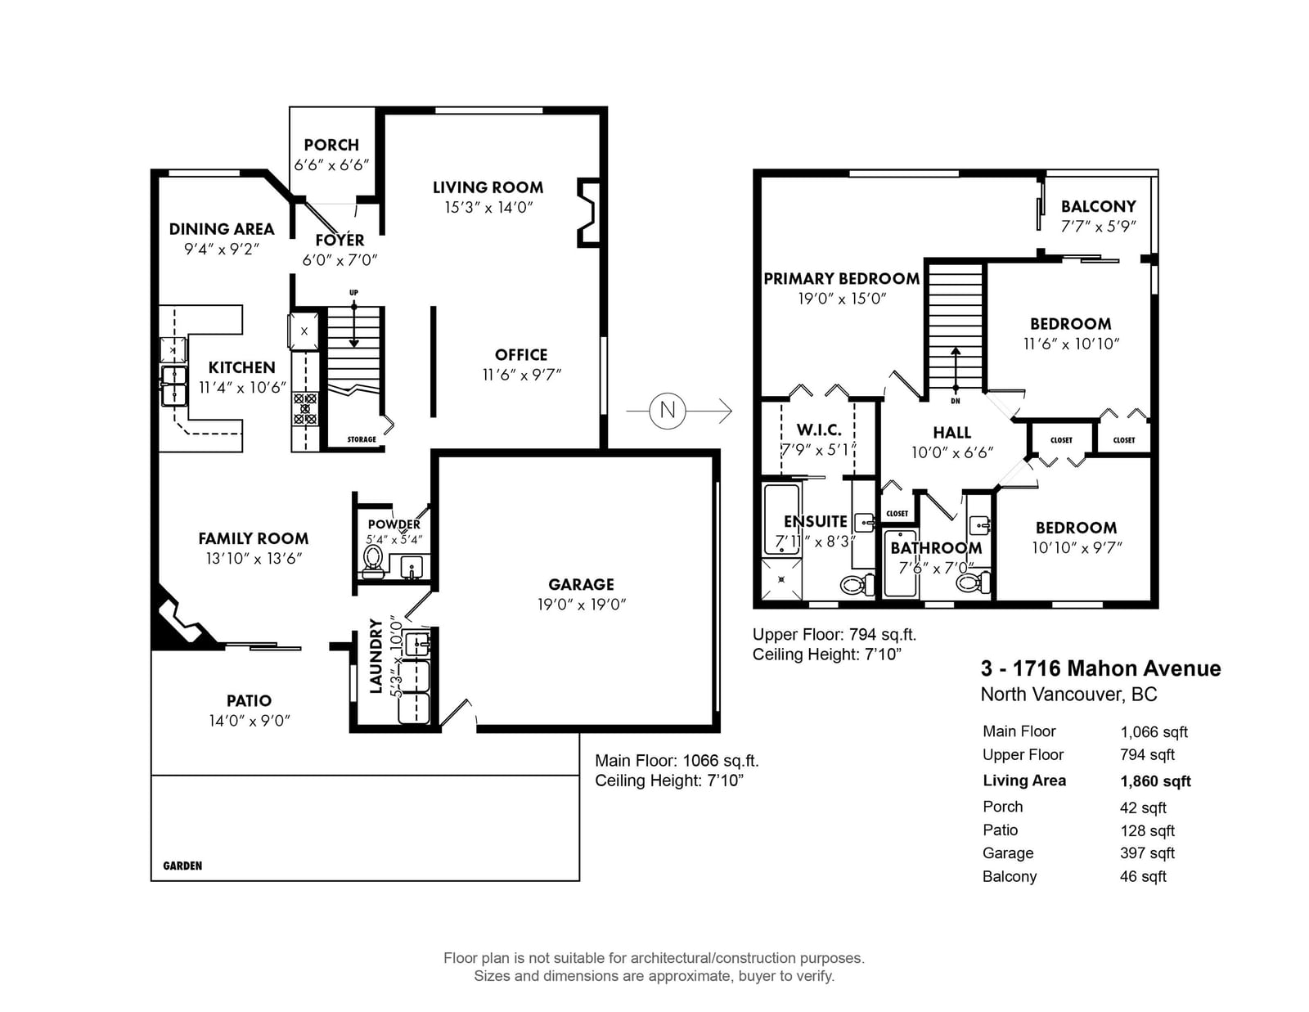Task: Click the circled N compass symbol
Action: (x=667, y=411)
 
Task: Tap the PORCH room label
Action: (x=331, y=145)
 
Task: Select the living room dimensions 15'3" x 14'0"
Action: (x=488, y=208)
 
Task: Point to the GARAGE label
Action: (x=582, y=584)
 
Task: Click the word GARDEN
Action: (x=182, y=866)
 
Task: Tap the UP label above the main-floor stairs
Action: (x=353, y=293)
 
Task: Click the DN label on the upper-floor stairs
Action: (x=956, y=401)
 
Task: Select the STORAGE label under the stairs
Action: (x=362, y=440)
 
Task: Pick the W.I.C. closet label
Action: (x=819, y=430)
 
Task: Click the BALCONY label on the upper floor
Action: (x=1098, y=207)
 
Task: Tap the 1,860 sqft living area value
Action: (x=1155, y=781)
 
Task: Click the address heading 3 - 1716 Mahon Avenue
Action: (x=1100, y=668)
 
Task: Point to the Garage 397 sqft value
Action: (x=1147, y=853)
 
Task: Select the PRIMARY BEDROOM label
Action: (x=842, y=279)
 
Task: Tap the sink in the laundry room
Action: (x=417, y=644)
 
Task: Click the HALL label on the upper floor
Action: (x=951, y=433)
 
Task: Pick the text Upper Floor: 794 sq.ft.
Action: (x=834, y=634)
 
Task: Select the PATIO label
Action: (x=249, y=700)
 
